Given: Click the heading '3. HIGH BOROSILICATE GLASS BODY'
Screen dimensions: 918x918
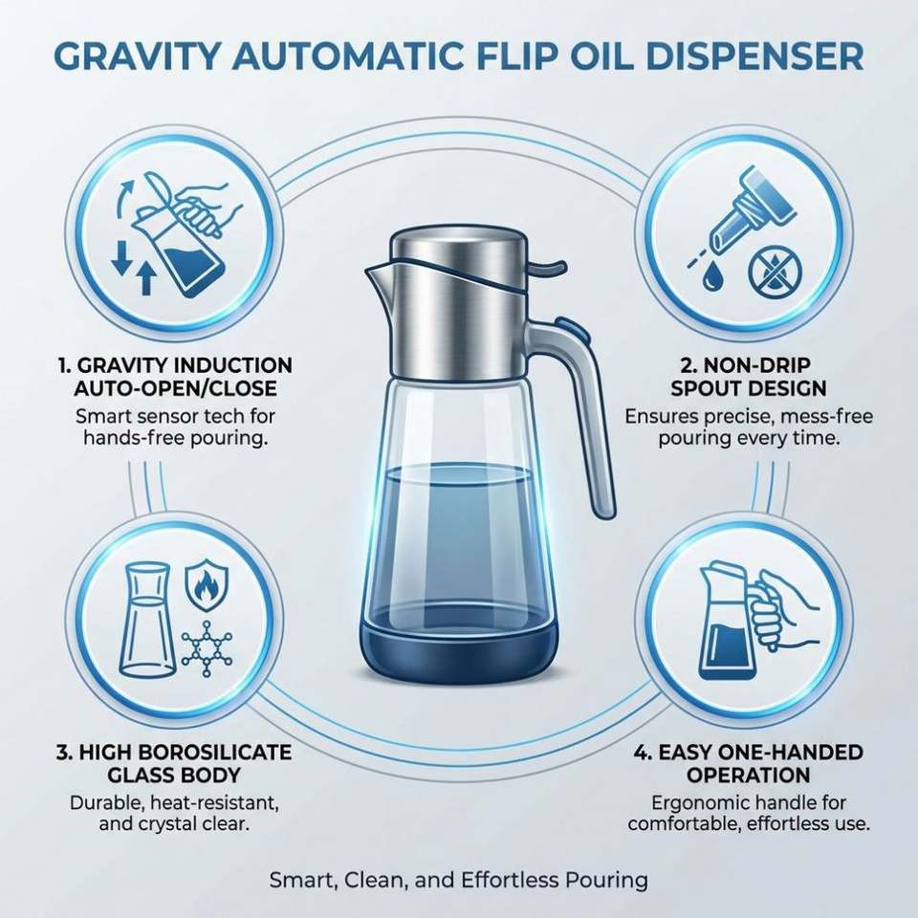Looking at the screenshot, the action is click(174, 763).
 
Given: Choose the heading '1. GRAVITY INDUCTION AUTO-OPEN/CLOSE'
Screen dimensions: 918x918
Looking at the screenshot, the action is click(175, 377).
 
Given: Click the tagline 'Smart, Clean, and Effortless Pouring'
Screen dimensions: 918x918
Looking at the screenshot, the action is click(458, 880).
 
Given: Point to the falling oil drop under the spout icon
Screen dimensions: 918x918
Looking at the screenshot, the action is click(712, 274).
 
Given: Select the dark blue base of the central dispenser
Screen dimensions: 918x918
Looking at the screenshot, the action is click(458, 648).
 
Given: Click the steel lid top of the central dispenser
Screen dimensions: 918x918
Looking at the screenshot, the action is click(459, 246).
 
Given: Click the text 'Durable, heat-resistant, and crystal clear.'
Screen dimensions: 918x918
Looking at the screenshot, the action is click(174, 813).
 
